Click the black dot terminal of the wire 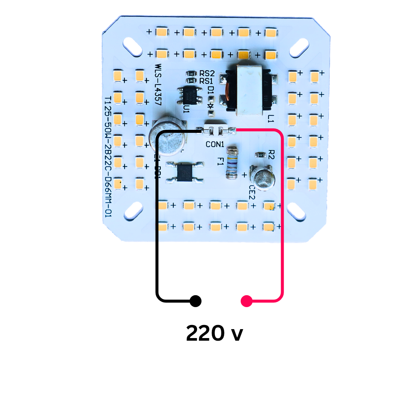195,301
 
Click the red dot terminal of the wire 246,301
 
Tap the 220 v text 215,333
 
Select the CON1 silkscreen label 215,144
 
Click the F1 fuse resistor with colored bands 232,163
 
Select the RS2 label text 206,73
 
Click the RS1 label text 206,81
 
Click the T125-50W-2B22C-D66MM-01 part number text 108,157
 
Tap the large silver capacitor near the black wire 168,137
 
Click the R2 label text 271,154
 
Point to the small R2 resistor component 260,154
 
